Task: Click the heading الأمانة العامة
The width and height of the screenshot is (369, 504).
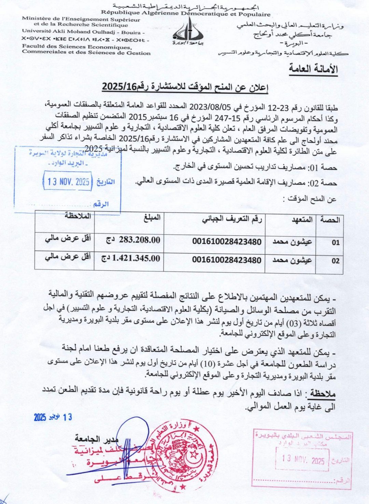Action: click(313, 69)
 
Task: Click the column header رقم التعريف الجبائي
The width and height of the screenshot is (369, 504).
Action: click(232, 219)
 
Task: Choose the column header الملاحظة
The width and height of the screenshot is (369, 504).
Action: click(78, 216)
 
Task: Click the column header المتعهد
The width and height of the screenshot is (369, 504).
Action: click(302, 220)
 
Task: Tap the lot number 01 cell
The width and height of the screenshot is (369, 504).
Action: click(336, 242)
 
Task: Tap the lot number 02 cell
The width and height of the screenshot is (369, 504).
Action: click(336, 261)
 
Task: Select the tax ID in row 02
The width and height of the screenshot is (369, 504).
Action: click(227, 260)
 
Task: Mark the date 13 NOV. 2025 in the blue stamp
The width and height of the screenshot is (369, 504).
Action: click(68, 181)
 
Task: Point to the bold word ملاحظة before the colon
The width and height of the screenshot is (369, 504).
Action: click(323, 394)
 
